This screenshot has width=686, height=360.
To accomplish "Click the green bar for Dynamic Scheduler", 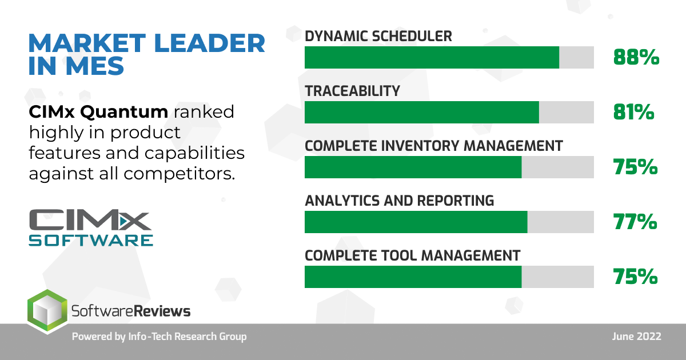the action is [432, 58].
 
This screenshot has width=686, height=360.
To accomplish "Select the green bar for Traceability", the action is [422, 113].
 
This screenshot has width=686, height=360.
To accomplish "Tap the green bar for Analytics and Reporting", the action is [416, 222].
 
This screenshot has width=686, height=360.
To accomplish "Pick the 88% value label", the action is [636, 57].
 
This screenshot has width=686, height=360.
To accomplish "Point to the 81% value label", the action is [633, 112].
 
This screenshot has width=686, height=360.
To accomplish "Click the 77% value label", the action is [635, 222].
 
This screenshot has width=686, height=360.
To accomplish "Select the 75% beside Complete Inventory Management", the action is [636, 167].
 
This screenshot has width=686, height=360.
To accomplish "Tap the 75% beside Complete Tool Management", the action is [636, 277].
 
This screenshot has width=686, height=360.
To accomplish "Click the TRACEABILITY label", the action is [353, 91].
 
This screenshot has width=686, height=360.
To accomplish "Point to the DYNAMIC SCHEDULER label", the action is [378, 36].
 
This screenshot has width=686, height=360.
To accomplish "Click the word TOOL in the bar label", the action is [397, 255].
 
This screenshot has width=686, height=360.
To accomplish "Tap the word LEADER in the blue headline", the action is [209, 43].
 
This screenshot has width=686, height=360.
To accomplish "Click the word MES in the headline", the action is [95, 66].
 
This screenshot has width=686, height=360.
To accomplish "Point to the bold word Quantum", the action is [124, 112].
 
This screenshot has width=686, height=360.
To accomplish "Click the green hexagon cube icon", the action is [47, 311].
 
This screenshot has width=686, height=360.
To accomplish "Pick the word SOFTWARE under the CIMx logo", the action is [91, 241].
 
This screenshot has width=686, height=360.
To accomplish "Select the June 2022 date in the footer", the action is [637, 337].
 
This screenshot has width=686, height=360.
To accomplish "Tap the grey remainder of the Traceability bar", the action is [567, 113].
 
